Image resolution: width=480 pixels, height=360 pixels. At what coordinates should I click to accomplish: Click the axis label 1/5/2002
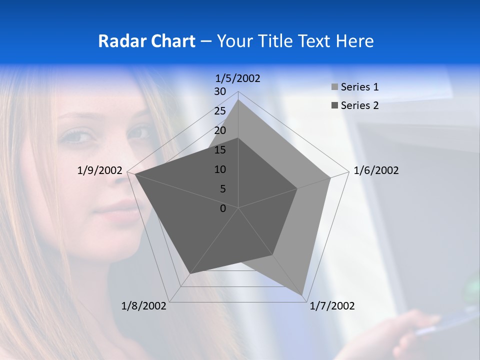[x=237, y=78]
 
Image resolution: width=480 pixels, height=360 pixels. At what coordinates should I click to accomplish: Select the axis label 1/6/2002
[x=376, y=170]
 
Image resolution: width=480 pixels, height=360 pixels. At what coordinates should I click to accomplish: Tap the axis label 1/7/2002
[x=332, y=306]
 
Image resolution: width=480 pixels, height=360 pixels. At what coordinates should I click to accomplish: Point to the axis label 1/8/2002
[x=144, y=306]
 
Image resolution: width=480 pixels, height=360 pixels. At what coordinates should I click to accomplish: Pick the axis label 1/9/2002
[x=99, y=170]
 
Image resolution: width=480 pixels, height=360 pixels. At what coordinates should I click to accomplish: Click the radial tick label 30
[x=220, y=91]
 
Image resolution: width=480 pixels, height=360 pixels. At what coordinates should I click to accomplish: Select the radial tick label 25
[x=220, y=111]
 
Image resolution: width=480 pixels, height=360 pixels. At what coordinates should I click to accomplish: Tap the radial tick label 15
[x=220, y=150]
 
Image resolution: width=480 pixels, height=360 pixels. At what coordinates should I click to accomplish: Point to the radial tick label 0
[x=223, y=208]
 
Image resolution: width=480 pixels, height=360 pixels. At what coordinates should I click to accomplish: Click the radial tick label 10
[x=220, y=169]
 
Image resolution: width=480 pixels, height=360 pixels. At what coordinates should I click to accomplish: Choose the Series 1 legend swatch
[x=334, y=87]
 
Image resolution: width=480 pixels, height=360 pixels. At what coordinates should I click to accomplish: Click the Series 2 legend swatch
[x=334, y=105]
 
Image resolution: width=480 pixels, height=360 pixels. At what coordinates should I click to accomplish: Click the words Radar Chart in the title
[x=146, y=41]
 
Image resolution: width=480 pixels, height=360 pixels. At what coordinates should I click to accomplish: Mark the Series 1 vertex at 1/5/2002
[x=238, y=99]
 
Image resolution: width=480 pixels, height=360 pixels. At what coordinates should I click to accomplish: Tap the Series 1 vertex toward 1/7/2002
[x=303, y=295]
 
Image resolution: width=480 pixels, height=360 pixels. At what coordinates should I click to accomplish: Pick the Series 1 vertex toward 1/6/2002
[x=330, y=177]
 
